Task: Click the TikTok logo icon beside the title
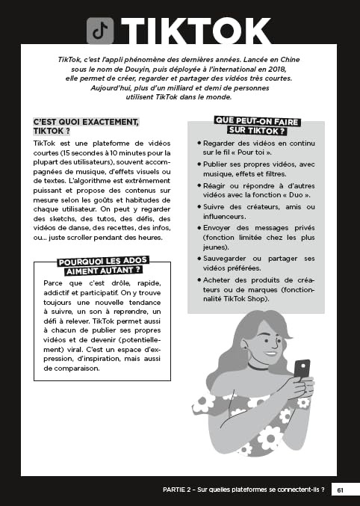coord(100,31)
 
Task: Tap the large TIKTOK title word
coord(196,31)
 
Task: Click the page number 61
coord(340,490)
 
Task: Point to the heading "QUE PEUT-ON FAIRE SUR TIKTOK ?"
coord(250,125)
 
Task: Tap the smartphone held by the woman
coord(301,371)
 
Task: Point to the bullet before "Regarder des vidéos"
coord(199,142)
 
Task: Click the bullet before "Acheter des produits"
coord(199,280)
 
